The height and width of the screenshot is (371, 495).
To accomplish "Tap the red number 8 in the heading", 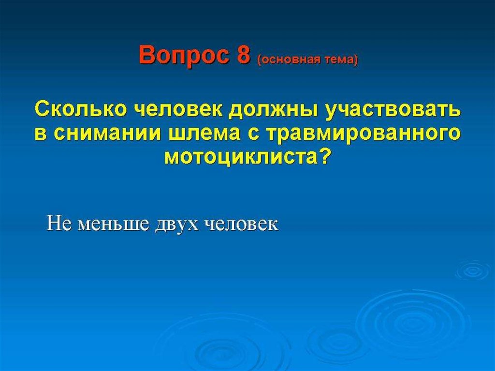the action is pyautogui.click(x=242, y=54).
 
